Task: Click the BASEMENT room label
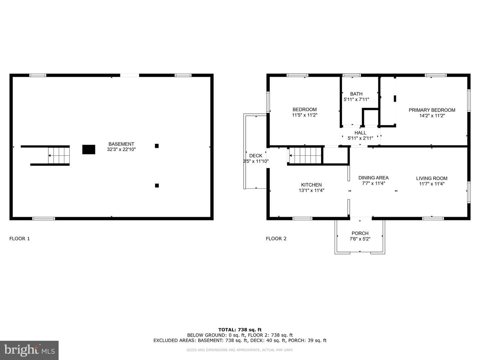121,144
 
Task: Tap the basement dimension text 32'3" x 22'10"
121,150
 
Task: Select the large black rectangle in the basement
89,150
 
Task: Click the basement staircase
59,156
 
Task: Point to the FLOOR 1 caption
19,239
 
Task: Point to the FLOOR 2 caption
276,239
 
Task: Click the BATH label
356,94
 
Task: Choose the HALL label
360,133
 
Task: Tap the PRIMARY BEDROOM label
432,110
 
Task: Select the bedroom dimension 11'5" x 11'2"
305,115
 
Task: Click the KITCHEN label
311,185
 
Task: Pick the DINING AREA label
373,178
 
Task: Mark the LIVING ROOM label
432,178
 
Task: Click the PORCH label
360,233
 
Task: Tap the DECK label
256,156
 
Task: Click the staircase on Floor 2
305,156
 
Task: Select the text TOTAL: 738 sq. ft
240,330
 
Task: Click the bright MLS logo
29,350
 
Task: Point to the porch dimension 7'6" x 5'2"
360,239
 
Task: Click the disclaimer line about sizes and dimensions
240,350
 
